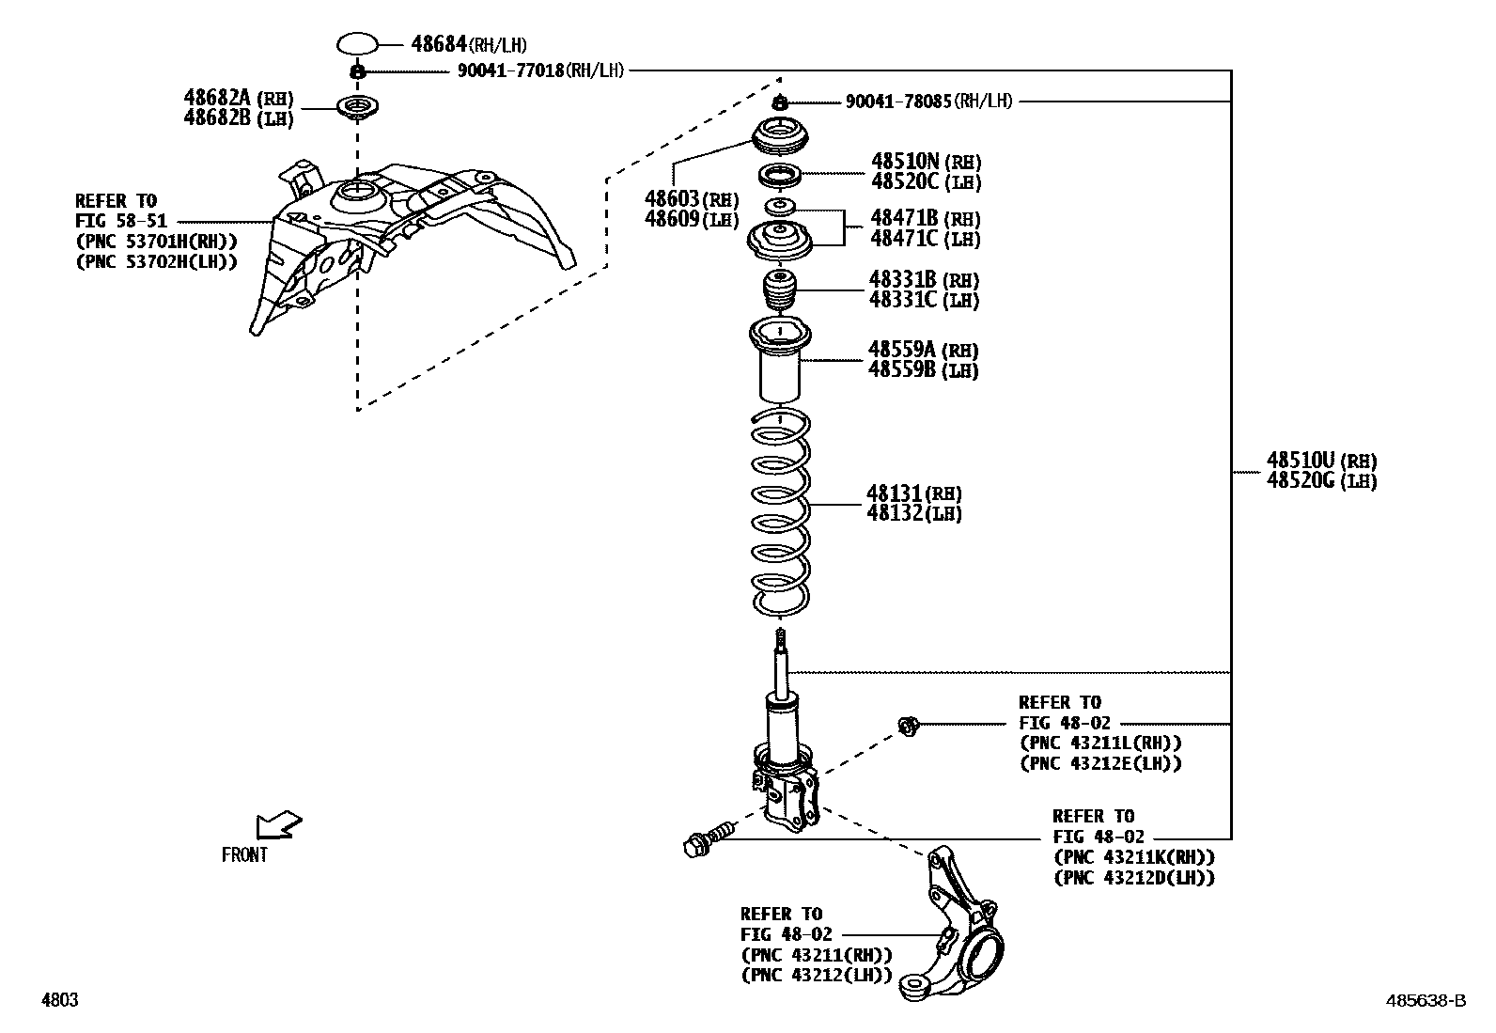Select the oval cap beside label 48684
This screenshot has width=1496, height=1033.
357,43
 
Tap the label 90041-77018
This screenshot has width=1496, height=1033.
511,70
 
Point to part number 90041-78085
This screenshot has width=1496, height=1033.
898,102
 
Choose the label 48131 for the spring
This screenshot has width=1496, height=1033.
895,493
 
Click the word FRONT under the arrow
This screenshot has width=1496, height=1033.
244,855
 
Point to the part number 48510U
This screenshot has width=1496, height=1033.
1301,461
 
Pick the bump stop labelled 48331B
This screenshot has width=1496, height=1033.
778,291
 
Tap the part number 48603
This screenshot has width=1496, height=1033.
672,199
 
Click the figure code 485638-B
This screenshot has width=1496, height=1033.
1425,1001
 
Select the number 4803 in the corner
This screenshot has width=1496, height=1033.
59,1001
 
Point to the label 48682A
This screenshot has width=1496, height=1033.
217,98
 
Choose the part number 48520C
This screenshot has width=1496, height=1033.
905,181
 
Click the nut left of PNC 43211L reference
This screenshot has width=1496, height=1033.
908,724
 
